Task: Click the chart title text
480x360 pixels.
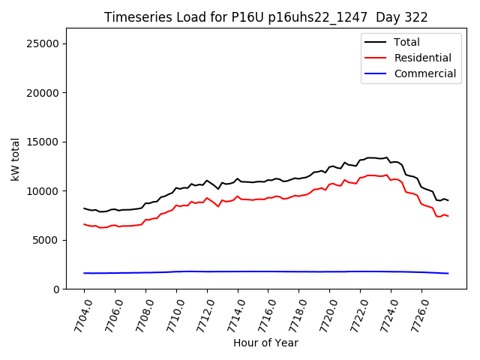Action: (x=265, y=17)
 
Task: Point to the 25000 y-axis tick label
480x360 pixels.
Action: (x=43, y=43)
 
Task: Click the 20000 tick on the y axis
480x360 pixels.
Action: (x=43, y=93)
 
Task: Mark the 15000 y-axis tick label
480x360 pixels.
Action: (x=43, y=142)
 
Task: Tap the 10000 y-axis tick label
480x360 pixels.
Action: (x=43, y=191)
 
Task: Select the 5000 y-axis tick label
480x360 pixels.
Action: (x=46, y=240)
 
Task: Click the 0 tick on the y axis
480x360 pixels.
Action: (x=55, y=289)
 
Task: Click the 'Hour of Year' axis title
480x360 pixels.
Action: (x=265, y=343)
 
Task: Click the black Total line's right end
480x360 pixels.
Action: (x=448, y=200)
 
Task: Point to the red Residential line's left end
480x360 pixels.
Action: (x=84, y=223)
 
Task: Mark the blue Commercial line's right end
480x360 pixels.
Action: (x=448, y=273)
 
